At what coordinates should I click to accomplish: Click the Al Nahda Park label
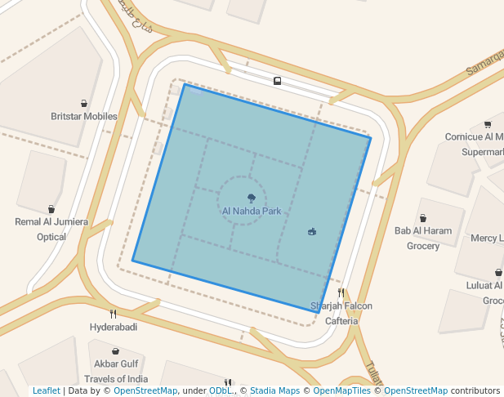(251, 211)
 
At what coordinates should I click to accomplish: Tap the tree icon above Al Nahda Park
(251, 198)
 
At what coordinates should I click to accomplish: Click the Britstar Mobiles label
(84, 116)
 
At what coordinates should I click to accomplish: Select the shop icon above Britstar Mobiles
(84, 104)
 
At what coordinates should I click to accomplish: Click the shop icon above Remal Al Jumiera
(51, 209)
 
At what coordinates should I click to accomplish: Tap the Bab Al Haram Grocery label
(423, 238)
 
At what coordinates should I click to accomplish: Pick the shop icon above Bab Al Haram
(423, 218)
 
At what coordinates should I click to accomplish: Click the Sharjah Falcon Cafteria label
(341, 314)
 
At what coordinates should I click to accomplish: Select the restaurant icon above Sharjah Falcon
(341, 292)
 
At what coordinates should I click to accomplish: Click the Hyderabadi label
(113, 327)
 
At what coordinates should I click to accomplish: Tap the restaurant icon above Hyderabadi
(113, 314)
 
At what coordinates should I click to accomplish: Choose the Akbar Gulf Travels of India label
(116, 371)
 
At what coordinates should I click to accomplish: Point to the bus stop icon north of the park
(278, 81)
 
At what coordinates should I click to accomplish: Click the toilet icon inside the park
(312, 232)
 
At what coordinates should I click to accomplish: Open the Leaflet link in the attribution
(47, 390)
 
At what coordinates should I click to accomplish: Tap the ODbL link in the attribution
(221, 390)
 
